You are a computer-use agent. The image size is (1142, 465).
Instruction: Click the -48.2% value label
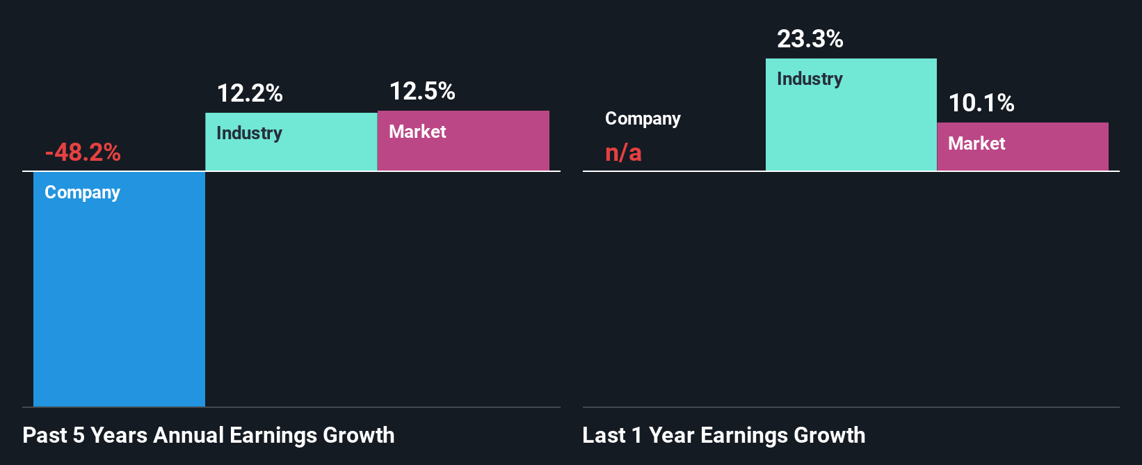coord(83,152)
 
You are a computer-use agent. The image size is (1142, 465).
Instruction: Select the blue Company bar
coord(119,299)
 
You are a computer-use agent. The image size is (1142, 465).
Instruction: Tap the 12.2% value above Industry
coord(250,93)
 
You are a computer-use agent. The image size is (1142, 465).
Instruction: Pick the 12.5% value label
coord(422,91)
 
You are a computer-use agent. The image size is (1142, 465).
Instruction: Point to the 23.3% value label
coord(810,39)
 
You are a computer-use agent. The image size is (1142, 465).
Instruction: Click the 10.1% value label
coord(981,103)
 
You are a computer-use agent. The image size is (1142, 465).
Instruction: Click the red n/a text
coord(623,152)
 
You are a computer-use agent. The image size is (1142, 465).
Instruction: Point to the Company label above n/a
coord(643,119)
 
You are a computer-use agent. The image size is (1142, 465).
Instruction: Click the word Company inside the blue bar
coord(82,192)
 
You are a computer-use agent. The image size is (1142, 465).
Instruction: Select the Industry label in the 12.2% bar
coord(249,133)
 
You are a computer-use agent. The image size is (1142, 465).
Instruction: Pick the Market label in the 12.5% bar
coord(417,132)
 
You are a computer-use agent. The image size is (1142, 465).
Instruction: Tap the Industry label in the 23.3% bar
coord(810,79)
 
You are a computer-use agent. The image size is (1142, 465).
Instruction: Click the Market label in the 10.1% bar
coord(976,143)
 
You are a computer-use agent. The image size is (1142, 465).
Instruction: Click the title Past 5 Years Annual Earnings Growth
coord(209,435)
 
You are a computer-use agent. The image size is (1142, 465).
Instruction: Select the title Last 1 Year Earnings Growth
coord(723,435)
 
